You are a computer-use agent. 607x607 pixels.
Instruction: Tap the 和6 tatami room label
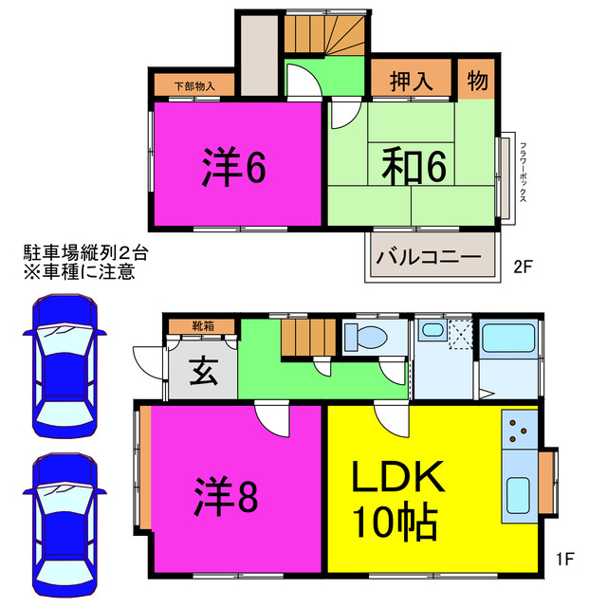pos(414,167)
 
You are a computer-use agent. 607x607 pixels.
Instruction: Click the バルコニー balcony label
pos(429,256)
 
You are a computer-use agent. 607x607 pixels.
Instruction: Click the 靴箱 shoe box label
pos(202,325)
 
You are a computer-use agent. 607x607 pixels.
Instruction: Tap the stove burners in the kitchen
pos(521,432)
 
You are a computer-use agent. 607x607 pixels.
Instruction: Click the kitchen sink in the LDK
pos(520,493)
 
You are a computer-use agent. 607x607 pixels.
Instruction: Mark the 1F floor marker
pos(565,559)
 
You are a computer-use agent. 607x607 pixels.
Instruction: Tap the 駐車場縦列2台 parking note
pos(85,253)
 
